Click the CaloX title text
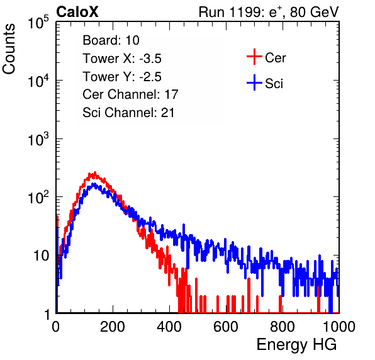pyautogui.click(x=77, y=12)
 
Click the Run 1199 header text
pyautogui.click(x=269, y=12)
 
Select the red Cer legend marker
pyautogui.click(x=254, y=57)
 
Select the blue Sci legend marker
pyautogui.click(x=254, y=82)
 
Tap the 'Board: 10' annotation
pyautogui.click(x=111, y=40)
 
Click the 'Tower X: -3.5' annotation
pyautogui.click(x=122, y=59)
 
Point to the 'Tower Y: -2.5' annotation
pyautogui.click(x=122, y=77)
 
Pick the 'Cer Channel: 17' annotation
pyautogui.click(x=130, y=94)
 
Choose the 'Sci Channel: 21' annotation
pyautogui.click(x=128, y=113)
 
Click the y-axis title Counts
pyautogui.click(x=9, y=49)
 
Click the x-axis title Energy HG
pyautogui.click(x=296, y=345)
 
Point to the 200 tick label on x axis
pyautogui.click(x=113, y=327)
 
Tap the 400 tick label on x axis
pyautogui.click(x=169, y=327)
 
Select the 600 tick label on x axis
pyautogui.click(x=226, y=327)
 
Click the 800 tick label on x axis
pyautogui.click(x=283, y=327)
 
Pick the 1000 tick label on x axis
pyautogui.click(x=339, y=327)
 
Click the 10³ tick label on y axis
pyautogui.click(x=38, y=138)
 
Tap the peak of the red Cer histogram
pyautogui.click(x=95, y=172)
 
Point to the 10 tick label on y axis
pyautogui.click(x=41, y=256)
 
